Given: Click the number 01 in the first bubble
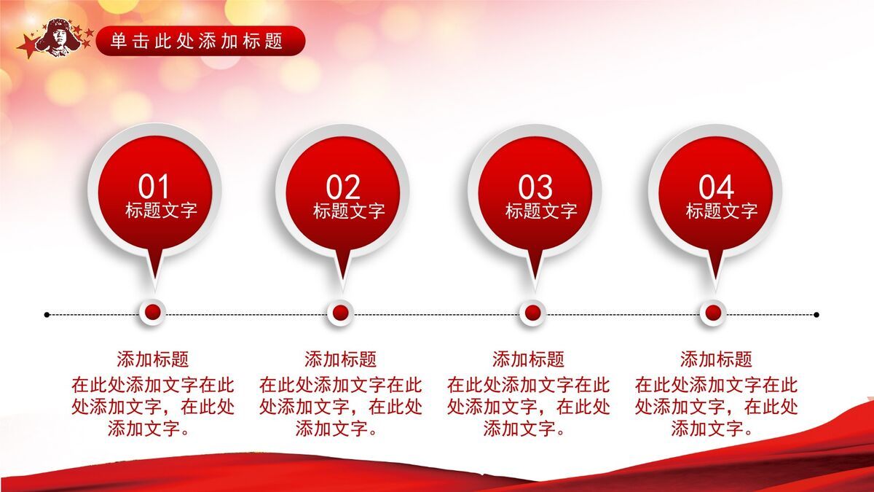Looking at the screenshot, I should pyautogui.click(x=154, y=187).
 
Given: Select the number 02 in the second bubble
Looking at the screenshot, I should pyautogui.click(x=342, y=187).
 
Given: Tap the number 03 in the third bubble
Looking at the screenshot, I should pyautogui.click(x=535, y=187).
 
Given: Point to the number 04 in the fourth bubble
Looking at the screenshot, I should pyautogui.click(x=716, y=187).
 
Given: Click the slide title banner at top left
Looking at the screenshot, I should pyautogui.click(x=197, y=41).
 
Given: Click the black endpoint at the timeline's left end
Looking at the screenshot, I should pyautogui.click(x=47, y=315).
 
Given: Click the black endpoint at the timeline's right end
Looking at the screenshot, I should pyautogui.click(x=816, y=315).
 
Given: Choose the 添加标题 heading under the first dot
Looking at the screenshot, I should pyautogui.click(x=153, y=359).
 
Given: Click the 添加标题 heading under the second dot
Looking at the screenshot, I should pyautogui.click(x=340, y=359).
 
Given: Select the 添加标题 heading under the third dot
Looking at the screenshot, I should pyautogui.click(x=528, y=359).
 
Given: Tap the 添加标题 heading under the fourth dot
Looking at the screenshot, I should pyautogui.click(x=716, y=359).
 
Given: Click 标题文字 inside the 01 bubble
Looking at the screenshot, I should pyautogui.click(x=161, y=211).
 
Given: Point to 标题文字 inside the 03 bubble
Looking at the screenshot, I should pyautogui.click(x=541, y=211).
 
